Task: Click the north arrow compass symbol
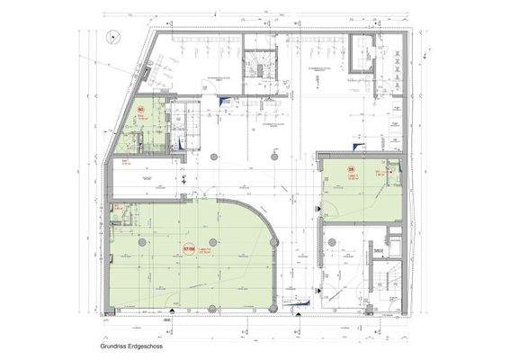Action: click(x=112, y=37)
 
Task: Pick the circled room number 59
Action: click(x=353, y=168)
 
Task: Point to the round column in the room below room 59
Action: click(x=334, y=241)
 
